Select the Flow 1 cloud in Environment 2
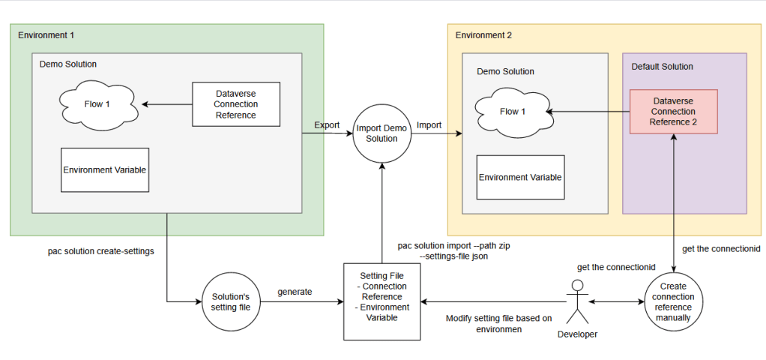[512, 112]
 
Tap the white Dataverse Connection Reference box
[236, 103]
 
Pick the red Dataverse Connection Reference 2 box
[674, 112]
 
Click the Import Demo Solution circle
[382, 133]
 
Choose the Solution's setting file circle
[231, 301]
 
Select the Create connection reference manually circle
[674, 301]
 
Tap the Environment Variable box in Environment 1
[105, 169]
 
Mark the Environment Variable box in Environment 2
[520, 177]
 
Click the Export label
[327, 124]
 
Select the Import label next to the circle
[429, 125]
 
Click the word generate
[295, 292]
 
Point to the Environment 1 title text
[46, 35]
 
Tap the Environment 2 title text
[483, 35]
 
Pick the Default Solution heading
[663, 67]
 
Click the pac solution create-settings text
[101, 251]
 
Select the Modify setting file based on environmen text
[498, 324]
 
